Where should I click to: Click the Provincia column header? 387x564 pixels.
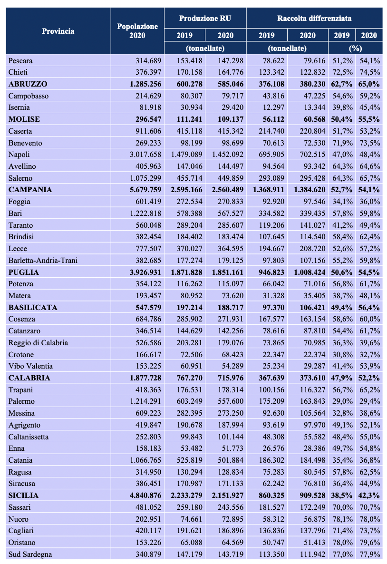coord(58,31)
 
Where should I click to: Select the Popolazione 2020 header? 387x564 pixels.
coord(137,31)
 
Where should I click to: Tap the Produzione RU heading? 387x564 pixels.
coord(205,18)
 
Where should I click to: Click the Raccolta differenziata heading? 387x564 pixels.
coord(314,18)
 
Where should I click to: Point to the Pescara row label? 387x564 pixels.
coord(20,60)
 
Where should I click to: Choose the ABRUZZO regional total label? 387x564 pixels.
coord(28,84)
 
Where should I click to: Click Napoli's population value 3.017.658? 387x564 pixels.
coord(142,155)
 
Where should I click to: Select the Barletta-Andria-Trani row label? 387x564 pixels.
coord(43,261)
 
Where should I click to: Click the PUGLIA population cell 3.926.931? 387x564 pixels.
coord(143,272)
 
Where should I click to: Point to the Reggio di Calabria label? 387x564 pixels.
coord(38,343)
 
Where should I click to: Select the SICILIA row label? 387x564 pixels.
coord(23,495)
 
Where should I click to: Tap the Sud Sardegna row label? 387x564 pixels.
coord(30,554)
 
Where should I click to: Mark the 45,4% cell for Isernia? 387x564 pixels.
coord(369,107)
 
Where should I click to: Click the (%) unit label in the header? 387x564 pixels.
coord(355,48)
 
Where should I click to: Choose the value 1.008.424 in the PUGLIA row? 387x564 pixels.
coord(306,272)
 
